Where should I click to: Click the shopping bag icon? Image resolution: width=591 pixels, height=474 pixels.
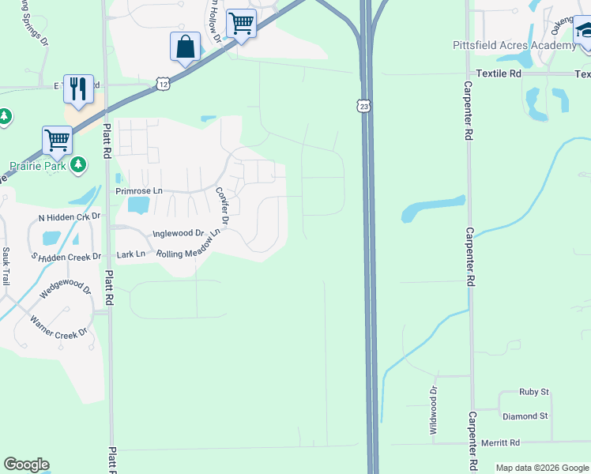(x=185, y=47)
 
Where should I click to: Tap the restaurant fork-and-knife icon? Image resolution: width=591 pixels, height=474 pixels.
(x=77, y=88)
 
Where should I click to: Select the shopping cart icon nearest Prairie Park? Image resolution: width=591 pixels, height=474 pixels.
(x=57, y=141)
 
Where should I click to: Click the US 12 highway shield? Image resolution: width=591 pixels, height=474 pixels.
(x=162, y=83)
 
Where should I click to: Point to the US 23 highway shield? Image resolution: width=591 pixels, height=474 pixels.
(x=363, y=106)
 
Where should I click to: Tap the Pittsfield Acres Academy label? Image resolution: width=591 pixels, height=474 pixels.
(x=514, y=45)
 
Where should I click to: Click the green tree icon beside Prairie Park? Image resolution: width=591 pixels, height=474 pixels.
(x=77, y=164)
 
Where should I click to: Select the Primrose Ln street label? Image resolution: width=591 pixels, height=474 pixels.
(x=138, y=191)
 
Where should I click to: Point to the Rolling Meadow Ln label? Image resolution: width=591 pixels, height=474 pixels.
(x=187, y=254)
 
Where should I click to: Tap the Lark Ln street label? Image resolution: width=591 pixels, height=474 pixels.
(x=130, y=254)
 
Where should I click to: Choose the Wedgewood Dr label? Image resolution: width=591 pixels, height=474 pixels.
(x=66, y=295)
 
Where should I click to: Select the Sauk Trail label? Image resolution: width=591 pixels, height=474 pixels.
(x=6, y=266)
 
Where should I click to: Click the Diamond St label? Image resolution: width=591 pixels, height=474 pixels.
(x=525, y=416)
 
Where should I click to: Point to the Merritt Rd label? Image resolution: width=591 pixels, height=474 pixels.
(x=503, y=442)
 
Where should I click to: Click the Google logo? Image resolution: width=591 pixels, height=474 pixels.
(x=26, y=465)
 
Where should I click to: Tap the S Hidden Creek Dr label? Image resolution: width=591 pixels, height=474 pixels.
(x=66, y=257)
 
